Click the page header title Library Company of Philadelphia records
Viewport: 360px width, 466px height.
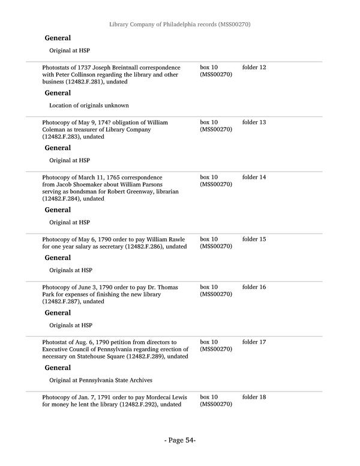[x=179, y=25]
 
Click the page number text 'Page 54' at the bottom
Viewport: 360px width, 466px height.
[x=180, y=440]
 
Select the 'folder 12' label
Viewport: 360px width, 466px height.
[x=254, y=67]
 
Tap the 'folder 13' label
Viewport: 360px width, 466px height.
[x=254, y=123]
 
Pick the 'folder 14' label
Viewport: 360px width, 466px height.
[x=254, y=178]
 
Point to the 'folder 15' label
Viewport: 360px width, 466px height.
[x=254, y=240]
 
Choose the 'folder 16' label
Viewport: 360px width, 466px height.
[x=254, y=288]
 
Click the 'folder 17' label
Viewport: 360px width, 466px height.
[x=254, y=342]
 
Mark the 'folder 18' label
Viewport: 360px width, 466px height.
[x=254, y=398]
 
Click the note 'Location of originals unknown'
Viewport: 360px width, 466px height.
[x=89, y=106]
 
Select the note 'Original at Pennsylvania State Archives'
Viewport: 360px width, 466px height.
[x=101, y=380]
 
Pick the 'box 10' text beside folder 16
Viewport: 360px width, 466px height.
[x=209, y=288]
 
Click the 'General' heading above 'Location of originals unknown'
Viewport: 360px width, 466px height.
[x=58, y=93]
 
